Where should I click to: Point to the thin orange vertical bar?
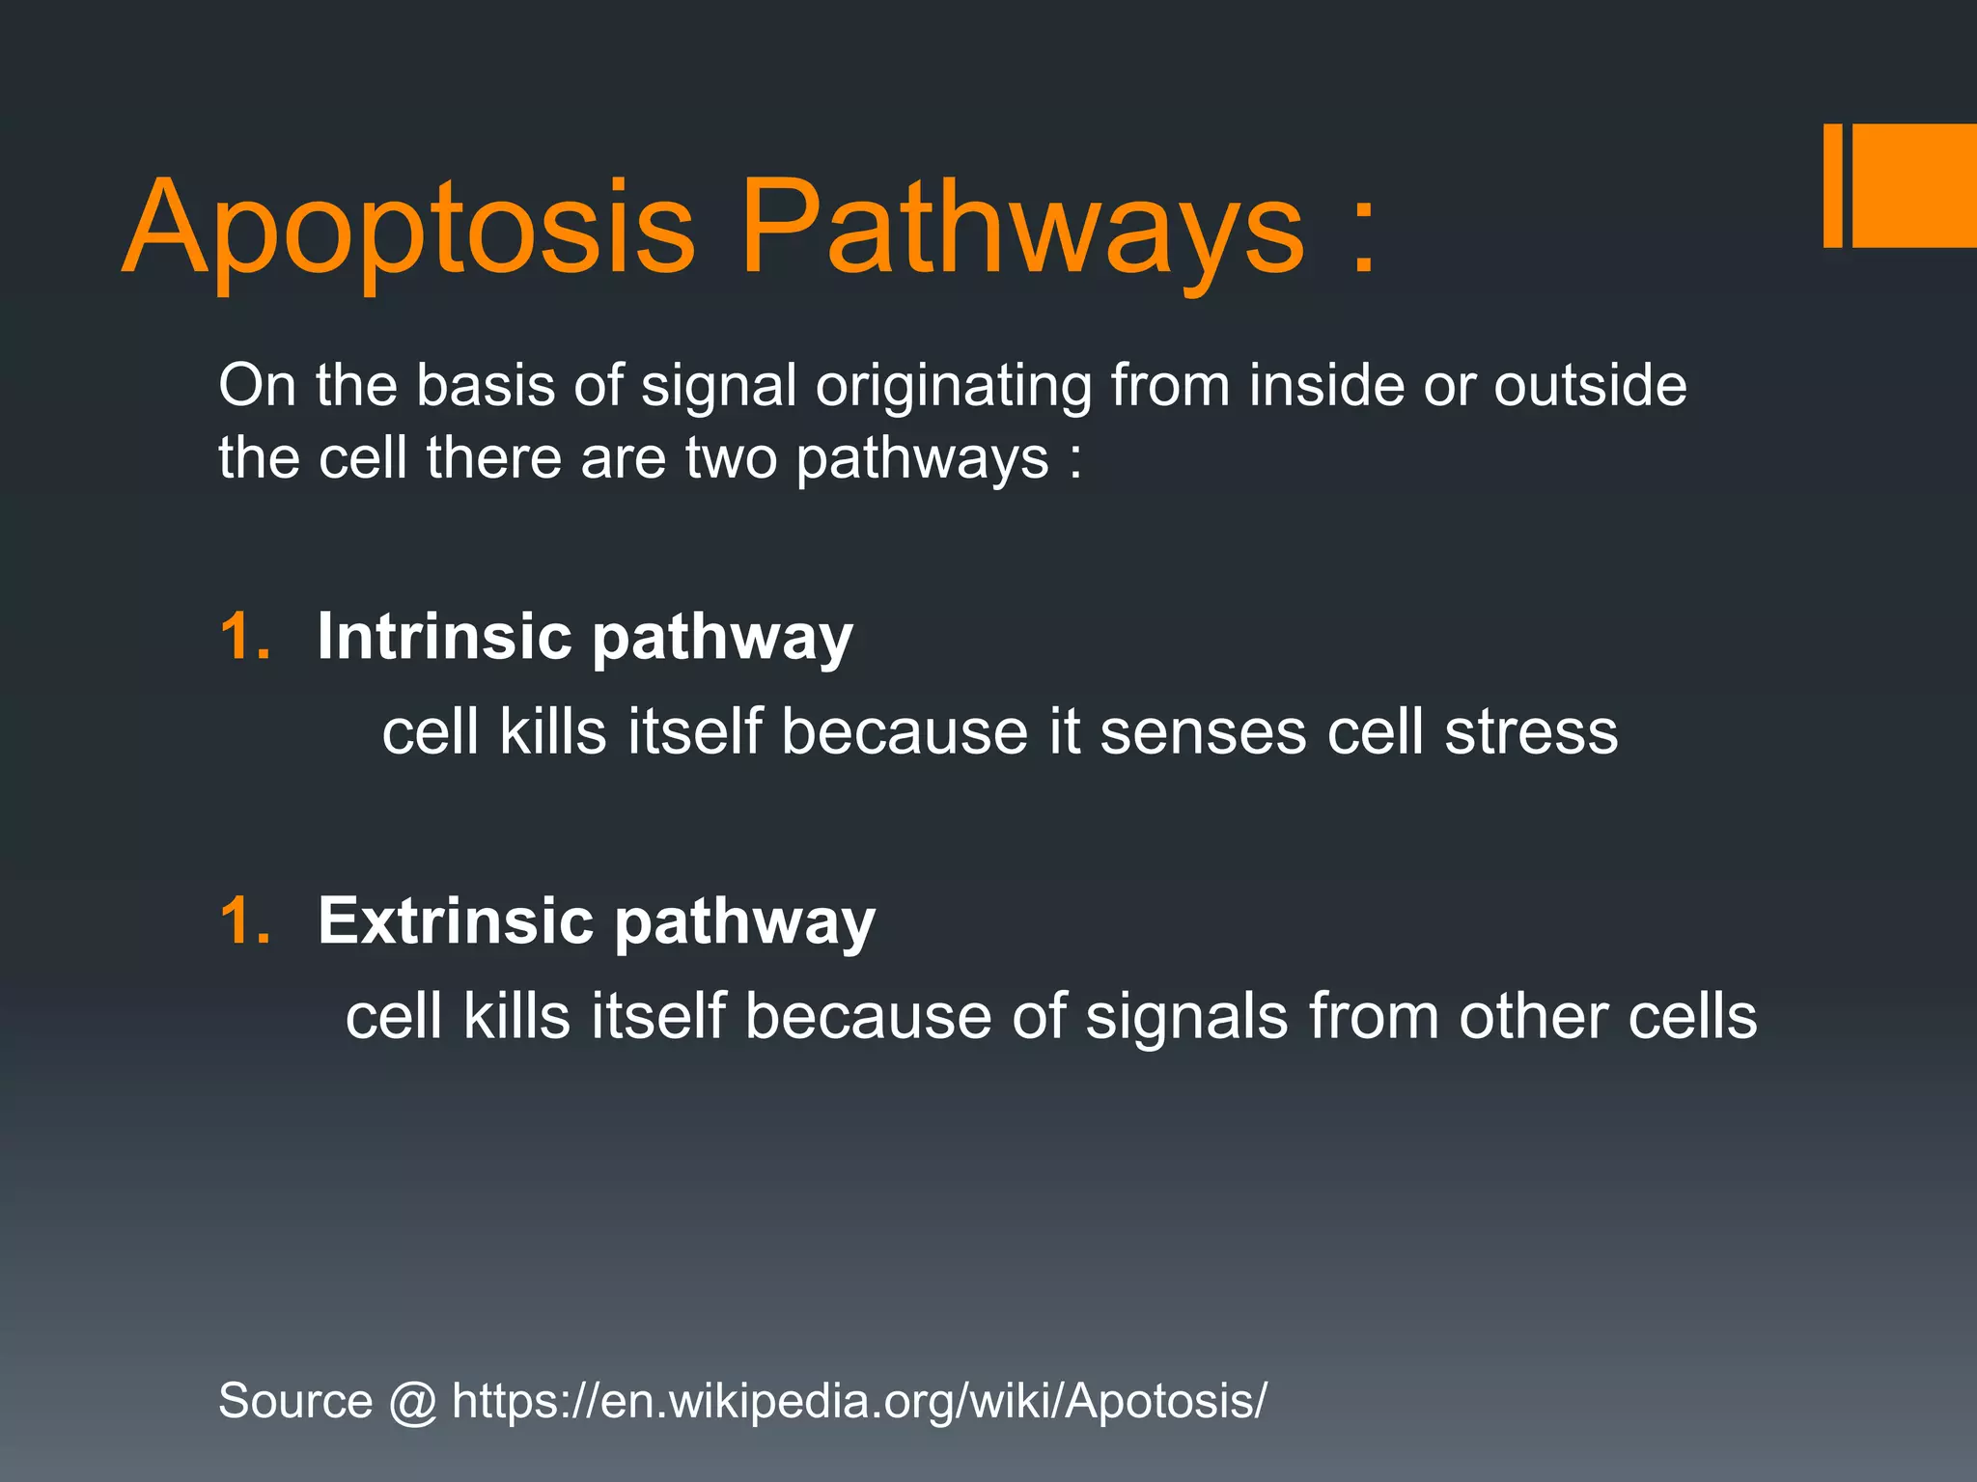(1832, 185)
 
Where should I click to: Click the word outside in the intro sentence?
(1590, 386)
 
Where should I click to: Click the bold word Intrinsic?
(445, 637)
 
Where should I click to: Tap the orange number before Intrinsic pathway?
(245, 637)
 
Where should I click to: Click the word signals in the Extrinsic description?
(1186, 1018)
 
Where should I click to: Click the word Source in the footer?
(295, 1401)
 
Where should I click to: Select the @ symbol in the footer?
(413, 1402)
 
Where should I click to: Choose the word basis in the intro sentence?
(486, 386)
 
